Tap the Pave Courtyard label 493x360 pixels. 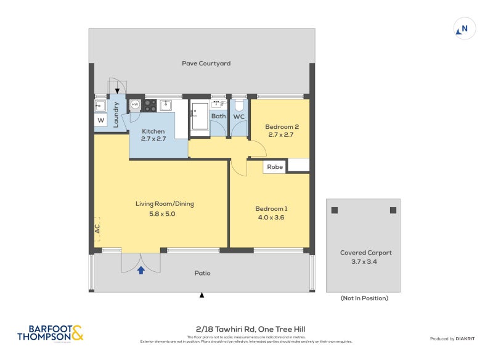[206, 63]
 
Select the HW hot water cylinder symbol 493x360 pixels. [135, 105]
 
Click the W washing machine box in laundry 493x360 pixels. [100, 120]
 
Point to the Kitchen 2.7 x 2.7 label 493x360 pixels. [153, 135]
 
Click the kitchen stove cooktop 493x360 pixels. [150, 105]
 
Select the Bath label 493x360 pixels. [218, 116]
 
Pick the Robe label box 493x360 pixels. [275, 166]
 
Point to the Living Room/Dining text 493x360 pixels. [162, 204]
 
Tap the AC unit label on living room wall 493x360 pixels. [97, 227]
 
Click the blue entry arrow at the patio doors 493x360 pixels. [141, 269]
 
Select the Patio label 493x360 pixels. [202, 273]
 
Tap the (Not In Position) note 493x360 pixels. [364, 298]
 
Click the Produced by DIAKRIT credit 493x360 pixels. [453, 338]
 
